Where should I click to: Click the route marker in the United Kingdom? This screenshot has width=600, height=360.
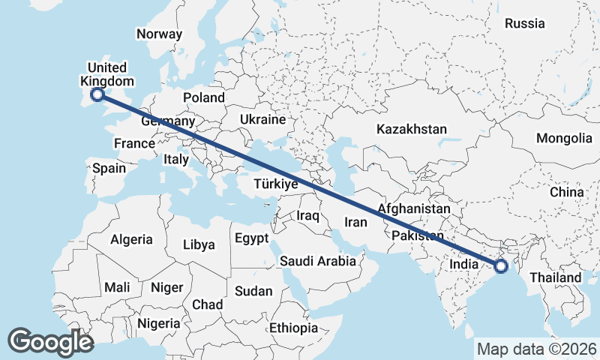[x=97, y=94]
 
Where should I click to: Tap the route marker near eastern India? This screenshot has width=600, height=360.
[x=501, y=265]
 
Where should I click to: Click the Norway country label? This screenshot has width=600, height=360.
[x=159, y=34]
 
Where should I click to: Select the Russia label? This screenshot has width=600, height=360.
[x=525, y=23]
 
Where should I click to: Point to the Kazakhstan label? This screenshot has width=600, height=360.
[x=412, y=129]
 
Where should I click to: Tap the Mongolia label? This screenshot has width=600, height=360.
[x=564, y=138]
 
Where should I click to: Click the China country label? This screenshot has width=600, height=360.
[x=565, y=193]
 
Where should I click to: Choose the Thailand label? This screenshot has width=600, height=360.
[x=556, y=277]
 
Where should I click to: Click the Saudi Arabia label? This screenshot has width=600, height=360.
[x=317, y=262]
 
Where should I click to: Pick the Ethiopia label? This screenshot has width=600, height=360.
[x=294, y=328]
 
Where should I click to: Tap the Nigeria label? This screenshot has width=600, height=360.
[x=158, y=324]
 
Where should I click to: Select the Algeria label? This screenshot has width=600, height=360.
[x=131, y=240]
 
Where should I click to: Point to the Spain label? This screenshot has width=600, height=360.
[x=109, y=168]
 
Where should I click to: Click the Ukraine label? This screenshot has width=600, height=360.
[x=262, y=119]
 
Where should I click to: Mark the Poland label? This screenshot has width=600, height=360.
[x=203, y=97]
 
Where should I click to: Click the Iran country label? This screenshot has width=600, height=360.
[x=355, y=222]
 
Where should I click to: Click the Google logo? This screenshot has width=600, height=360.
[x=50, y=342]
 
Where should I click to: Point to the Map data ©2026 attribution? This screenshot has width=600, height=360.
[x=537, y=349]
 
